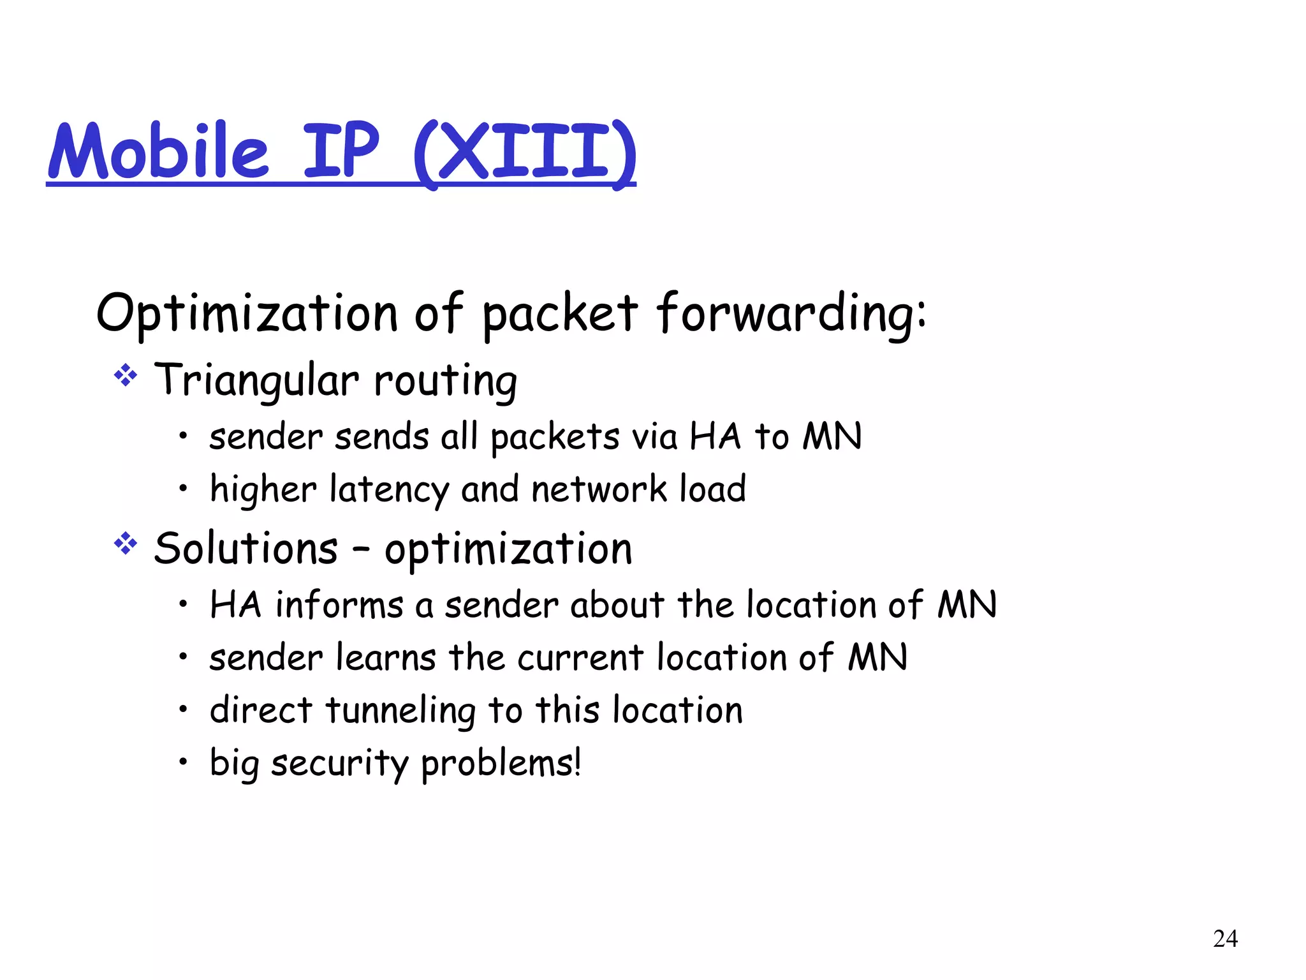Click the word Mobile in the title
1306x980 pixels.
point(159,151)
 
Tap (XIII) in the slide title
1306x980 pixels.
point(524,153)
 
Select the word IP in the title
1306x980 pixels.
point(341,151)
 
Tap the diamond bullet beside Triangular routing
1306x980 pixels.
point(126,375)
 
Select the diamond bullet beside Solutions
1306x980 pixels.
point(126,544)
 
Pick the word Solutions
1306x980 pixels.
point(246,548)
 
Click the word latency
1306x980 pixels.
point(390,490)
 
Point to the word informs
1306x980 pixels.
point(339,605)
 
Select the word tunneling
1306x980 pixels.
point(400,711)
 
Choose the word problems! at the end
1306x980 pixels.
point(501,764)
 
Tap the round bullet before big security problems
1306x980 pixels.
point(183,761)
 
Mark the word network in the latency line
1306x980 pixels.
point(599,490)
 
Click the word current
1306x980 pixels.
point(580,658)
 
